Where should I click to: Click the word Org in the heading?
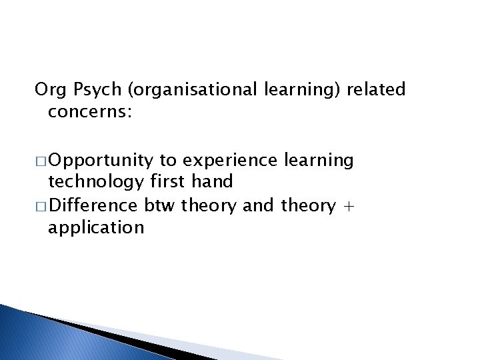(47, 89)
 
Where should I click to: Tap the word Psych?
(85, 89)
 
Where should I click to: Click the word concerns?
(90, 111)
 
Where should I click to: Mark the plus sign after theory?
(349, 207)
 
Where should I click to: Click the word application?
(96, 228)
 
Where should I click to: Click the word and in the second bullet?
(259, 206)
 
